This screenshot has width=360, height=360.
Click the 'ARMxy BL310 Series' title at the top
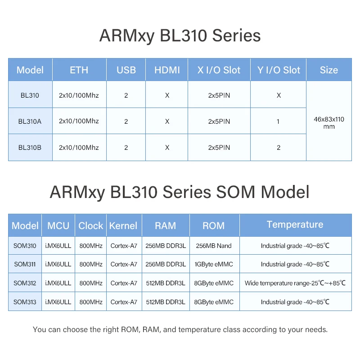[180, 36]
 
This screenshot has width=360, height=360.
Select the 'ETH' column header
[79, 70]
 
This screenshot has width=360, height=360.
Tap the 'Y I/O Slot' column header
[279, 70]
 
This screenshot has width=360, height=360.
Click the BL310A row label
[30, 121]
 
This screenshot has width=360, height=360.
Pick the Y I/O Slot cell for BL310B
[279, 147]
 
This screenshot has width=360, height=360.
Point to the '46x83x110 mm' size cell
[329, 122]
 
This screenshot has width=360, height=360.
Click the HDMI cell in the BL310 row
[167, 95]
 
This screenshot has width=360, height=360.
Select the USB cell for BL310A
[126, 121]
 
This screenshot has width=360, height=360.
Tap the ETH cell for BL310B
[79, 147]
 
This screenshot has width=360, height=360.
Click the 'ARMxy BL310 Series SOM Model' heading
[180, 192]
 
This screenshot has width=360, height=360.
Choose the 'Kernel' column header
[124, 225]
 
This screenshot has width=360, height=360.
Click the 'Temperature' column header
[295, 225]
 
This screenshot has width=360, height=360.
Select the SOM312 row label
[25, 283]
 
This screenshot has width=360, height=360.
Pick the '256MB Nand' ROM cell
[214, 246]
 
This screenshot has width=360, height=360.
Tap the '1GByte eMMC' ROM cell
[214, 264]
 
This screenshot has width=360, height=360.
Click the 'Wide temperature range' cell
[295, 283]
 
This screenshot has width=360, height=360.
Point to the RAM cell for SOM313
[166, 302]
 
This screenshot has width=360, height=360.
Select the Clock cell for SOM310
[91, 246]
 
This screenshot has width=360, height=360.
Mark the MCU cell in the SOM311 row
[58, 264]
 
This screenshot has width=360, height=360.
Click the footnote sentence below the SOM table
[180, 329]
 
